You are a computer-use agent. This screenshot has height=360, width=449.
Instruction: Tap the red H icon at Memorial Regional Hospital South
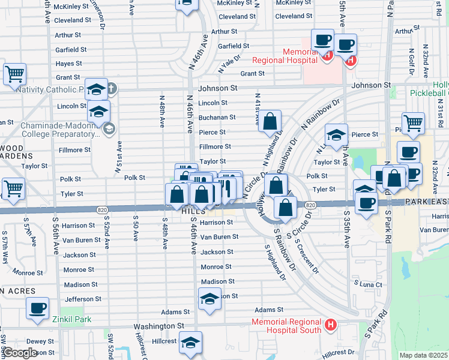[x=330, y=326]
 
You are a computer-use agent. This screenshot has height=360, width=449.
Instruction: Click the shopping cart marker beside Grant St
[x=15, y=74]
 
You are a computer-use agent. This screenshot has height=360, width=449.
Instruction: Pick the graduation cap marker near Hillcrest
[x=191, y=342]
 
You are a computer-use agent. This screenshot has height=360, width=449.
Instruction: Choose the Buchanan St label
[x=217, y=118]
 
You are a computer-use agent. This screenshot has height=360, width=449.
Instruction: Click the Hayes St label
[x=68, y=64]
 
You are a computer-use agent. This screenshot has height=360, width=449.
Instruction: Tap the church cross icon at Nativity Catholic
[x=112, y=90]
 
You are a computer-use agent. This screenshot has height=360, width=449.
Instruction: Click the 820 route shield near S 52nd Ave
[x=101, y=209]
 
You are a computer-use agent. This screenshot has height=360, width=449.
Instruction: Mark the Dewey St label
[x=40, y=341]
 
